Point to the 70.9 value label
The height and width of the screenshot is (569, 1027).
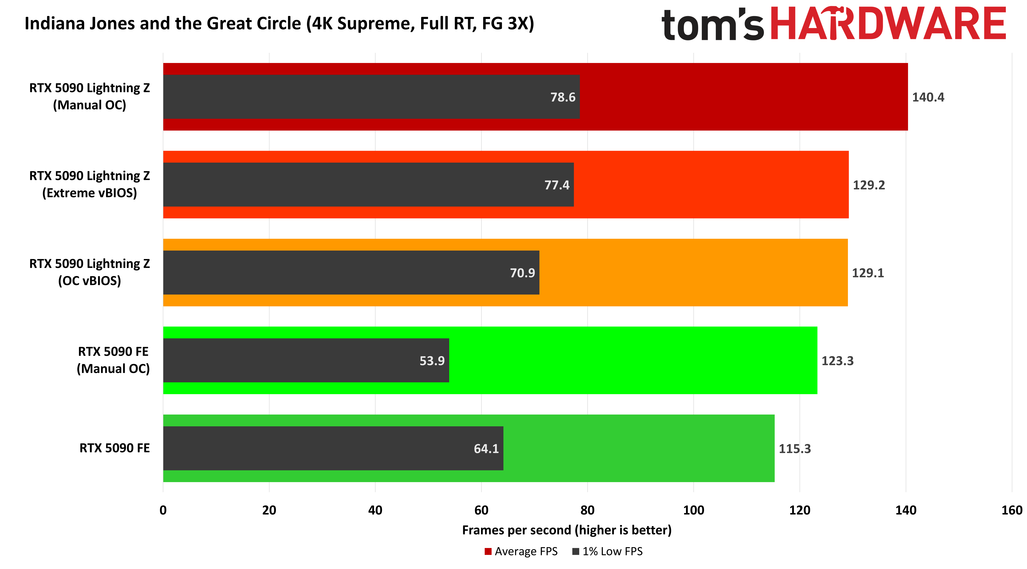pyautogui.click(x=522, y=273)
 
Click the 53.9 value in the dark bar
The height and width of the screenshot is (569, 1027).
pyautogui.click(x=432, y=361)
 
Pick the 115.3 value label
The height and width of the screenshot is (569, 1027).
pyautogui.click(x=795, y=449)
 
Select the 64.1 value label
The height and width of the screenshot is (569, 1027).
pyautogui.click(x=486, y=449)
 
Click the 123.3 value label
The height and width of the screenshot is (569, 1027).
pyautogui.click(x=837, y=361)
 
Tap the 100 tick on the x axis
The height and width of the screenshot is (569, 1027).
pyautogui.click(x=693, y=510)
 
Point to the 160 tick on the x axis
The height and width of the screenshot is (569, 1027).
pyautogui.click(x=1012, y=510)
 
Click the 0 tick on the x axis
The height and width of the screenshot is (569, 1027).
pyautogui.click(x=163, y=510)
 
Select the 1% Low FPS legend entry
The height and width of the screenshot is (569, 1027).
pyautogui.click(x=608, y=552)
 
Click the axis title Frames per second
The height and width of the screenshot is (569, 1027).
pyautogui.click(x=567, y=530)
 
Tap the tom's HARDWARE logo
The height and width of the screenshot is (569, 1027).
pyautogui.click(x=833, y=24)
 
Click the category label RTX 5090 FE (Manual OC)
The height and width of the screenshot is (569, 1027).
pyautogui.click(x=113, y=360)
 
